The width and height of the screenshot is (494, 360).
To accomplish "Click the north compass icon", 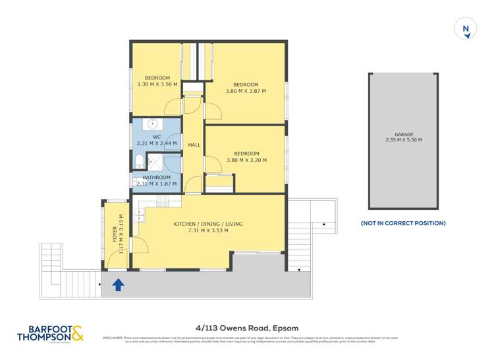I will pos(466,29).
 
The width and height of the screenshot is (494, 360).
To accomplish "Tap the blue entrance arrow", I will pos(119,284).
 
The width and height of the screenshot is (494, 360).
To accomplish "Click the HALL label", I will pos(194,145).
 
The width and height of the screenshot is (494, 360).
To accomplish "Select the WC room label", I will pos(157,137).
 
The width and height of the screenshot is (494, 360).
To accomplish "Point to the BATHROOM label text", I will pos(157,177).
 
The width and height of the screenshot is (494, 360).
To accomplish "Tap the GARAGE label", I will pos(404,134).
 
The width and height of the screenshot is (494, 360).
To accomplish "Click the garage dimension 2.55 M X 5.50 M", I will pos(404,140).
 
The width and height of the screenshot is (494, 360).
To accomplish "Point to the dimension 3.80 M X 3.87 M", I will pos(246,91).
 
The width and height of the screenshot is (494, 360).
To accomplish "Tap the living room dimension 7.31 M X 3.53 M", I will pos(208,230).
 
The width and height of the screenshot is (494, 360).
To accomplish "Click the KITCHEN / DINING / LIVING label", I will pos(208,224).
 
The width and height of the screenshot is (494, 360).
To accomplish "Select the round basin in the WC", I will pos(152,123).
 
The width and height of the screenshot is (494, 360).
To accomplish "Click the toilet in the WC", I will pos(139,161).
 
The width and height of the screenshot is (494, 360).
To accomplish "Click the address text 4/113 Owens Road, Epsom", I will pos(247,328).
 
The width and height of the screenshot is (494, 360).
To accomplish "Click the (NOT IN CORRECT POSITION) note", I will pos(403,223).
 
